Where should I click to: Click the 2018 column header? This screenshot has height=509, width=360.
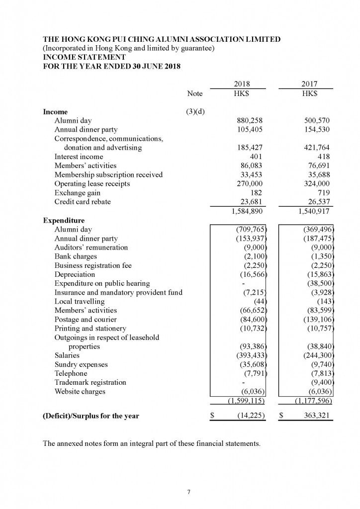[242, 84]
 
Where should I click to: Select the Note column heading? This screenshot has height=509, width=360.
[195, 93]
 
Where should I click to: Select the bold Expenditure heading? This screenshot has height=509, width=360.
[64, 220]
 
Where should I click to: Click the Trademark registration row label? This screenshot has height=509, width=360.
[90, 382]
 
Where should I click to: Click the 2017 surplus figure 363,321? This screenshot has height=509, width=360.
[314, 416]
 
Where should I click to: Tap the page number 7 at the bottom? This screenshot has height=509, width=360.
[189, 492]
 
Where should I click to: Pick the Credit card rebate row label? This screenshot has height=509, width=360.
[83, 201]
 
